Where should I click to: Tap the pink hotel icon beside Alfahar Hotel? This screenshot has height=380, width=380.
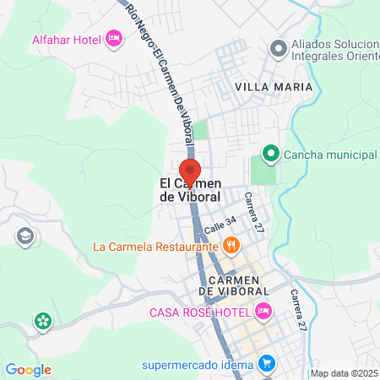point(113,39)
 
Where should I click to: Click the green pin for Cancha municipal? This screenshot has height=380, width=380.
point(270,154)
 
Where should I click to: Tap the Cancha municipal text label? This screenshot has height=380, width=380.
point(329,155)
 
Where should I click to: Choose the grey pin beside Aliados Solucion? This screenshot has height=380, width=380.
point(276,49)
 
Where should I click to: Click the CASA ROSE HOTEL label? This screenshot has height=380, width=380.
point(199,312)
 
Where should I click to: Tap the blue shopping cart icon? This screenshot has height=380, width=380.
point(267,365)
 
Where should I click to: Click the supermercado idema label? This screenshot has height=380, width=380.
point(198,365)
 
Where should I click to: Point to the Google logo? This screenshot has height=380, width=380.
point(28,369)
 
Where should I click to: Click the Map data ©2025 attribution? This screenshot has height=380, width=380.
point(344,373)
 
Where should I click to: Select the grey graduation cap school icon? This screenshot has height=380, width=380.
point(25,236)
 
